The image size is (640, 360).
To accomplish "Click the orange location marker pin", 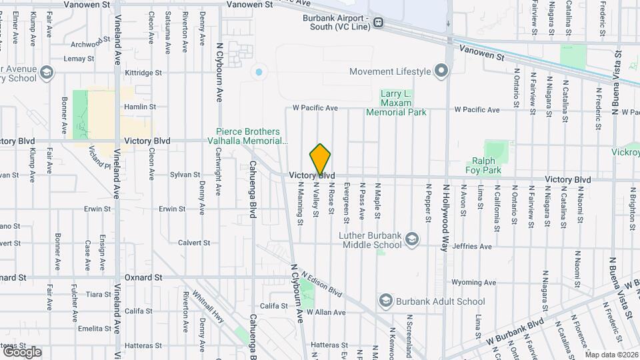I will click(320, 160).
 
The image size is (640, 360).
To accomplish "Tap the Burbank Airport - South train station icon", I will click(379, 22).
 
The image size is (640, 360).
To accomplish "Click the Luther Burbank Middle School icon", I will click(413, 239).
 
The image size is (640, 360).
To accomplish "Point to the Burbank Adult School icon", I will click(385, 301).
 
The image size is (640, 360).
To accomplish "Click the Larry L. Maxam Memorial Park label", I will click(395, 103).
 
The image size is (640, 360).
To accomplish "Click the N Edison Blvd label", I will click(321, 284).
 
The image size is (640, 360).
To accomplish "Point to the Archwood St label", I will click(89, 44).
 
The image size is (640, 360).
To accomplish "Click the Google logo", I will click(22, 351).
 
